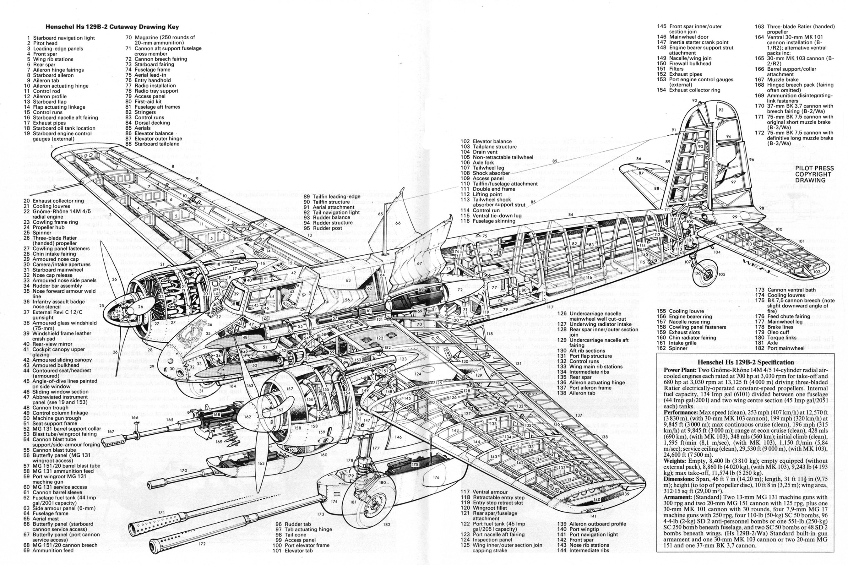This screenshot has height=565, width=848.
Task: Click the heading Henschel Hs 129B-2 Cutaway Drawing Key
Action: tap(112, 27)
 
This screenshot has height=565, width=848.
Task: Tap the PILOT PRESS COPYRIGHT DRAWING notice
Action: tap(814, 174)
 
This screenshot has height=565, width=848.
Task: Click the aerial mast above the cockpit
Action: tap(387, 216)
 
